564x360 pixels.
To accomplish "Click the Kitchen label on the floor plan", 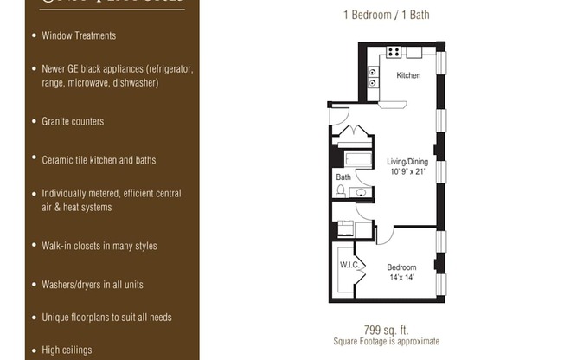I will [408, 76].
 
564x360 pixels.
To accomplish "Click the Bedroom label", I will [401, 267].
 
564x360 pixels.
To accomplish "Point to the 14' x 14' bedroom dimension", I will [401, 278].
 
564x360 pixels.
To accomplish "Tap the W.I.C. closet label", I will [349, 265].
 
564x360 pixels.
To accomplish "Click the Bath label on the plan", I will [343, 177].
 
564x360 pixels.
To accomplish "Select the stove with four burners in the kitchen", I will [394, 52].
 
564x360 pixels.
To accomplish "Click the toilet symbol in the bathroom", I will [342, 191].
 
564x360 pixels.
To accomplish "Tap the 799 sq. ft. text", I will [385, 330].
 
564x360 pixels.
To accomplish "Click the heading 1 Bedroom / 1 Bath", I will [387, 15].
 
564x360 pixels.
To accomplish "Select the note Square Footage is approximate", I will [386, 341].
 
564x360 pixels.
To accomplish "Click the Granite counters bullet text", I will [73, 121].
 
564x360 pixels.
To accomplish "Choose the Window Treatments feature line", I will [79, 35].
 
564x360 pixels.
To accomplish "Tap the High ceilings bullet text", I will [67, 350].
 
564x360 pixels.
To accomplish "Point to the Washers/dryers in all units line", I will [93, 285].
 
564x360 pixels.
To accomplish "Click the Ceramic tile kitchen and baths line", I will [99, 160].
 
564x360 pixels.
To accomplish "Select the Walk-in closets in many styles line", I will [99, 246].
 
